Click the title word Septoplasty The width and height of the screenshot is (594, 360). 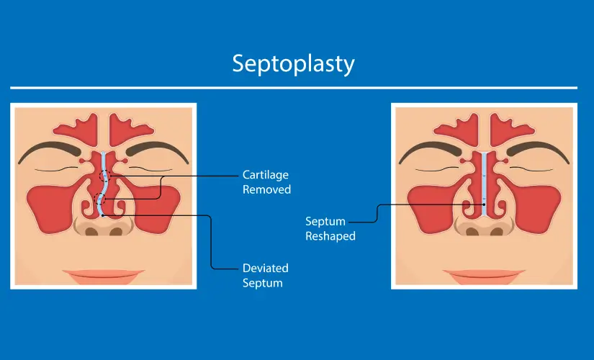point(293,64)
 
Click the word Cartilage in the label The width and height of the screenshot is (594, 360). point(265,175)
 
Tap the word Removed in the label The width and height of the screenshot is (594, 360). point(266,189)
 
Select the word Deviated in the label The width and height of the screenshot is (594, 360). point(265,268)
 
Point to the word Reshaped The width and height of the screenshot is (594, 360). point(330,236)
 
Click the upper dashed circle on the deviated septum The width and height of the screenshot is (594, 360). point(105,176)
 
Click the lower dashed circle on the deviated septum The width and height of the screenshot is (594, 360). point(99,199)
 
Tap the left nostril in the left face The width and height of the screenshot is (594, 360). point(91,231)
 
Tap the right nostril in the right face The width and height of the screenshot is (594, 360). point(497,231)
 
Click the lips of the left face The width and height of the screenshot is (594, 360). point(104,276)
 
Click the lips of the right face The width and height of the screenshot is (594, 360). point(484,276)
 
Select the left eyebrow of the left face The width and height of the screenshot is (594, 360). point(48,150)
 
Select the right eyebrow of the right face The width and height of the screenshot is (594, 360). point(538,150)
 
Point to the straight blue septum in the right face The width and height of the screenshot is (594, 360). point(484,184)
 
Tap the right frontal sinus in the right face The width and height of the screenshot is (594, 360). point(510,129)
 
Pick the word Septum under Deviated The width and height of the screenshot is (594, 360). point(263,283)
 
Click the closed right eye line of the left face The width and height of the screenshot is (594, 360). point(150,168)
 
